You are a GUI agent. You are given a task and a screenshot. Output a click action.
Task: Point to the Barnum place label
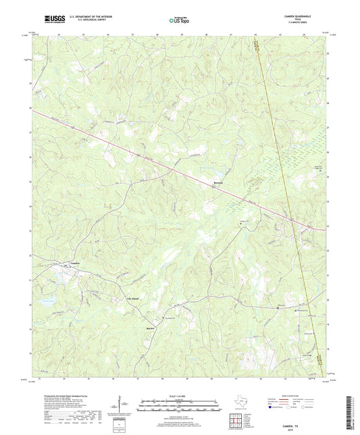[218, 182]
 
